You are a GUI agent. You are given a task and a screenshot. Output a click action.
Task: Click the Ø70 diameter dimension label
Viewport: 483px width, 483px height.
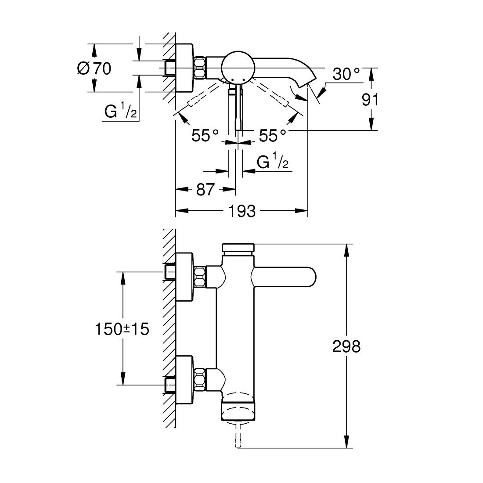click(94, 68)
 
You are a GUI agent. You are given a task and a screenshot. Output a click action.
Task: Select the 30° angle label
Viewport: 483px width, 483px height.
click(346, 74)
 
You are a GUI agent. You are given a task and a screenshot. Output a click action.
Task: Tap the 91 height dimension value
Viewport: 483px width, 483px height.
click(370, 100)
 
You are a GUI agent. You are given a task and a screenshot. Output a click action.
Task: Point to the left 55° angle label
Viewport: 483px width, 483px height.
click(205, 136)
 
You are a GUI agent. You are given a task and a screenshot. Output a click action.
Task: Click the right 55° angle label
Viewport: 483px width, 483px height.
click(272, 136)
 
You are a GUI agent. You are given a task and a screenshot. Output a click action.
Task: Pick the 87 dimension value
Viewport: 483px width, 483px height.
click(205, 190)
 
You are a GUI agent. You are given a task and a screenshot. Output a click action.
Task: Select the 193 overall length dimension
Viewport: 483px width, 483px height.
click(241, 211)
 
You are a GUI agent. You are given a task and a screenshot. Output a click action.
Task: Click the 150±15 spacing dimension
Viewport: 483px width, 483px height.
click(122, 328)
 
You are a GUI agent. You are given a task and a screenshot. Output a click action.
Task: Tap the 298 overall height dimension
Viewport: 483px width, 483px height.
click(346, 346)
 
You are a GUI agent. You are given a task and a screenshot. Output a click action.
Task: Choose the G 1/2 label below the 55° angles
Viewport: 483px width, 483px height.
click(272, 163)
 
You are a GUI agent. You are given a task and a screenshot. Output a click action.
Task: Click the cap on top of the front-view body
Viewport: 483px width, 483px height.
click(238, 248)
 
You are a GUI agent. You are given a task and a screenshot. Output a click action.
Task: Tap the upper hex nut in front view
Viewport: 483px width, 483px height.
click(200, 277)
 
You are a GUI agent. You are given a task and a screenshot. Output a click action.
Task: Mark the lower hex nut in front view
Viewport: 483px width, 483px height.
click(200, 378)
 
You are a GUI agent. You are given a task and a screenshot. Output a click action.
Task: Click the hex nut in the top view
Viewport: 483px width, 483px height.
click(200, 68)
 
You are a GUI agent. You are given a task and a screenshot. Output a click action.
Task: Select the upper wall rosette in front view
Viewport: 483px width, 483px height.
click(184, 277)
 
